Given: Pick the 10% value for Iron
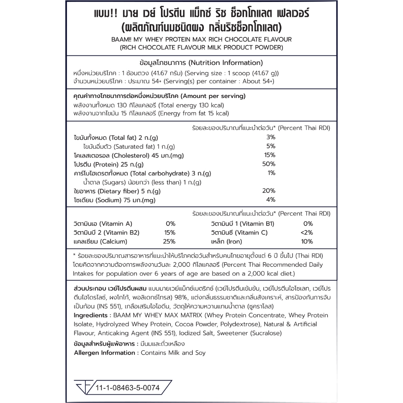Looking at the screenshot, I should [307, 242].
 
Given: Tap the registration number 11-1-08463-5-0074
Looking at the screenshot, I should [128, 388].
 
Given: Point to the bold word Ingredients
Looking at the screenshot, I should [91, 315].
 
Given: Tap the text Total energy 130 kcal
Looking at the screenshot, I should [192, 105].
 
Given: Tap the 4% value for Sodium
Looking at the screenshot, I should [271, 200].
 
